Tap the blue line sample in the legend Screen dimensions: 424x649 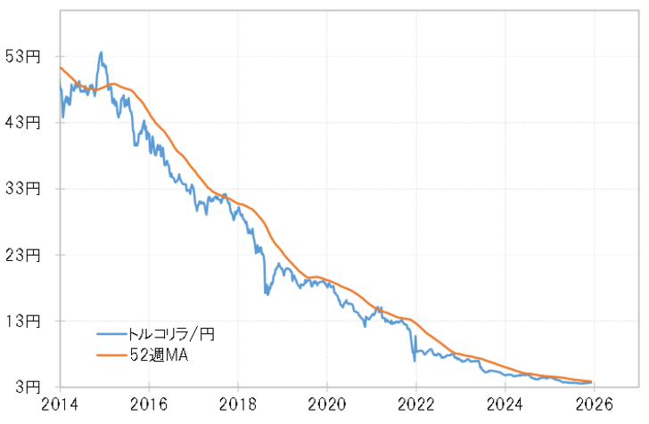(112, 334)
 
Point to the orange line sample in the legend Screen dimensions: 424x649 (112, 355)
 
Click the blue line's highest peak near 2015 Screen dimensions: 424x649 (102, 53)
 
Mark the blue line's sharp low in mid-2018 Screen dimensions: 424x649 (266, 293)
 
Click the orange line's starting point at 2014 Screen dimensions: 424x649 (61, 68)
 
